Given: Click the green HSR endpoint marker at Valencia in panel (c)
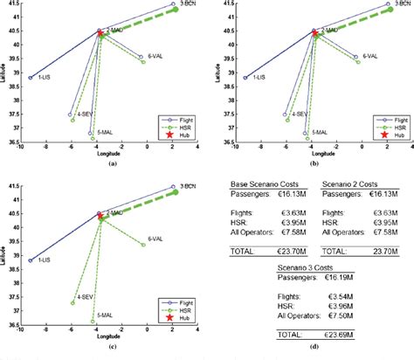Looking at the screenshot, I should tap(143, 245).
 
